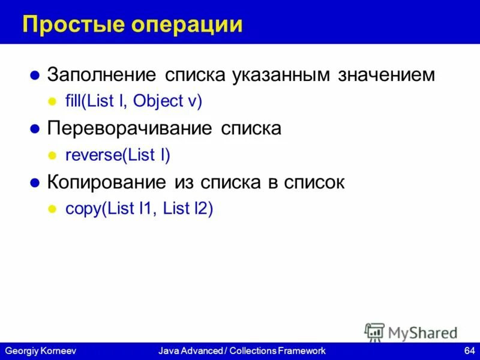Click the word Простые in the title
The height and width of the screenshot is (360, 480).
67,25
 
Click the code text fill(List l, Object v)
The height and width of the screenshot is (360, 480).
134,101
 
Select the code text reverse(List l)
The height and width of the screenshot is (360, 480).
118,155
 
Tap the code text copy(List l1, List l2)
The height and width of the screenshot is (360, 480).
139,209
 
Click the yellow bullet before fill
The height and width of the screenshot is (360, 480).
52,102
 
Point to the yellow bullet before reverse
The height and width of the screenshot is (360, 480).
52,156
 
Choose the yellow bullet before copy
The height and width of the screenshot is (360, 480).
52,210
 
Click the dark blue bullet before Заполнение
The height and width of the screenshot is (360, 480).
35,76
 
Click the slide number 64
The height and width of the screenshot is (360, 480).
469,350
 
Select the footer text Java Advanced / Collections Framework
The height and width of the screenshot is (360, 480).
242,350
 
